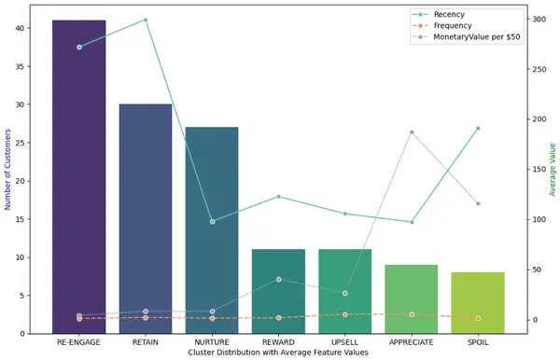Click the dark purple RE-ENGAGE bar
[x=78, y=177]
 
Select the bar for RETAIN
[x=146, y=219]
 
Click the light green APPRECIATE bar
[x=412, y=298]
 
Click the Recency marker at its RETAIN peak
[x=146, y=20]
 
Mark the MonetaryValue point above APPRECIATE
[x=412, y=132]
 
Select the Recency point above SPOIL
[x=478, y=129]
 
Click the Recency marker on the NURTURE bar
[x=212, y=221]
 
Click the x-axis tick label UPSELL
[x=344, y=342]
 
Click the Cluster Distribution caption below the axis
[x=278, y=353]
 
